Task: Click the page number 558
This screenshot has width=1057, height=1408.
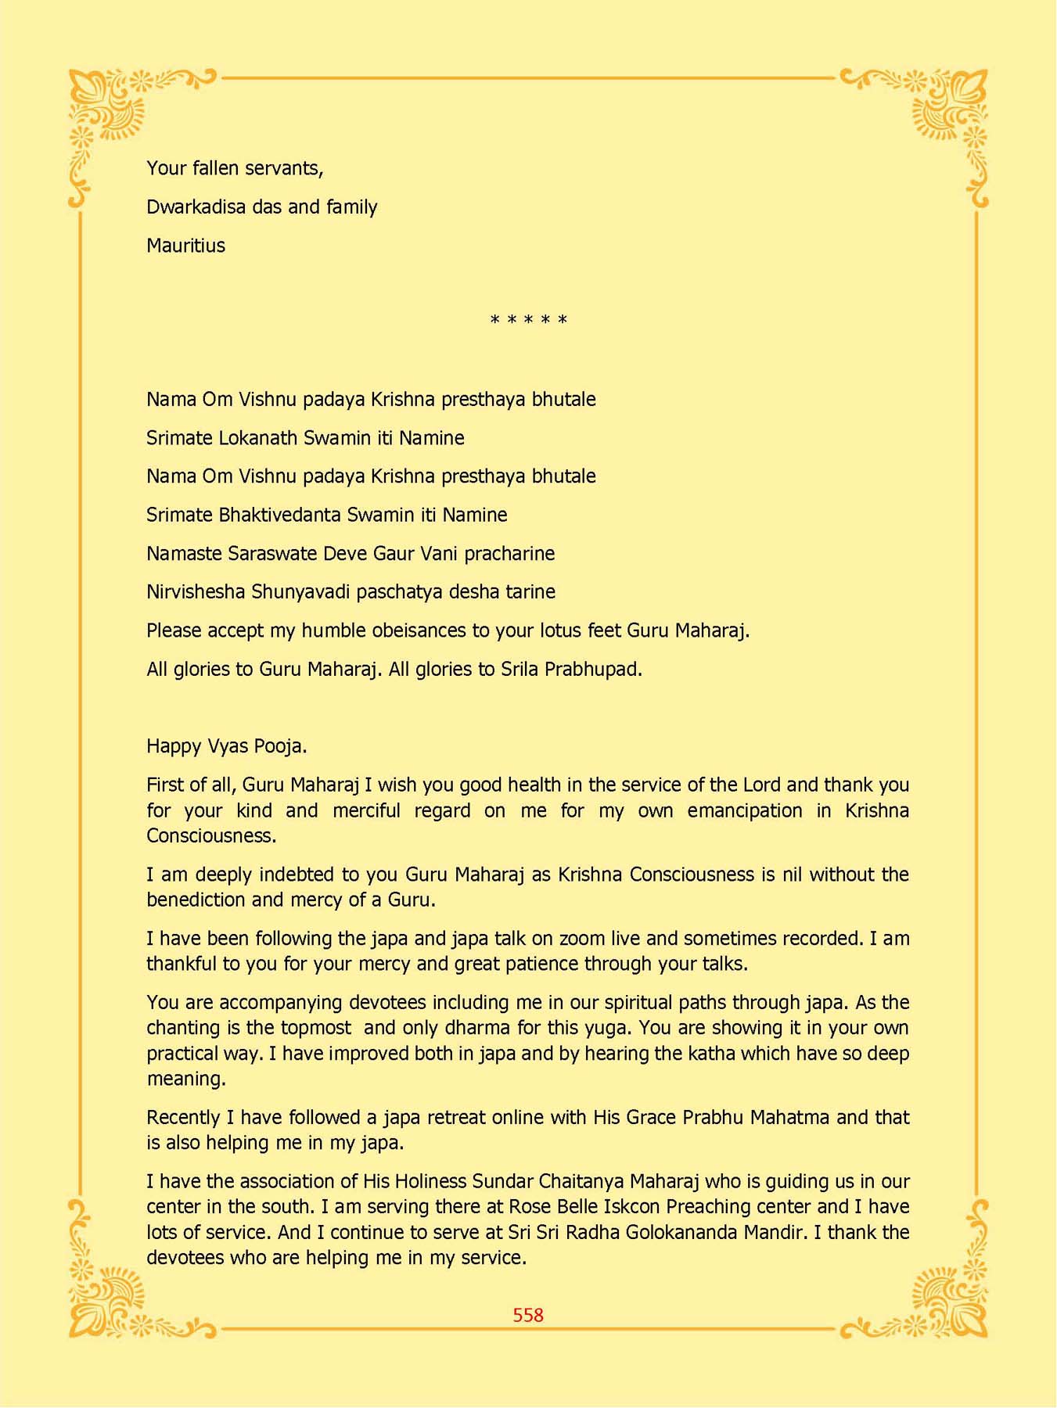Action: pos(528,1315)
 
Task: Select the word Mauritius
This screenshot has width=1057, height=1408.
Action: pos(185,246)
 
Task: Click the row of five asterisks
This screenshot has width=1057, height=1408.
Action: pos(528,321)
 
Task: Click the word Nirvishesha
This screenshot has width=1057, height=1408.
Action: pos(196,592)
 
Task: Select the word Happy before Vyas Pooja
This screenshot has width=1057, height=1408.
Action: pos(174,746)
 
